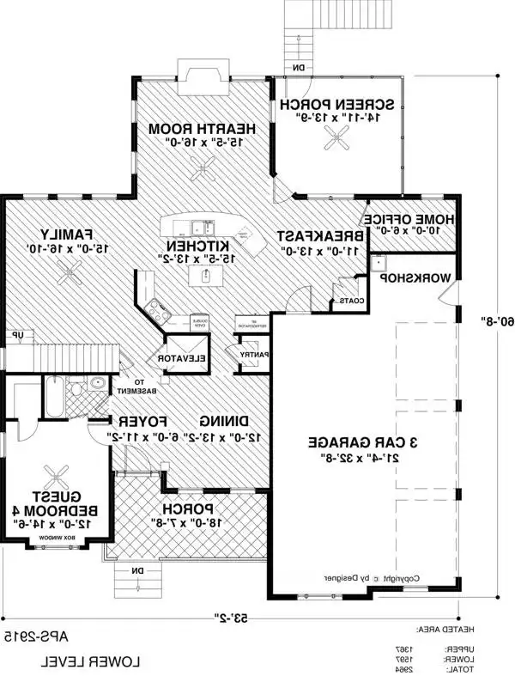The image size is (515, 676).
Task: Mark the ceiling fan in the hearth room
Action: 203,172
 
